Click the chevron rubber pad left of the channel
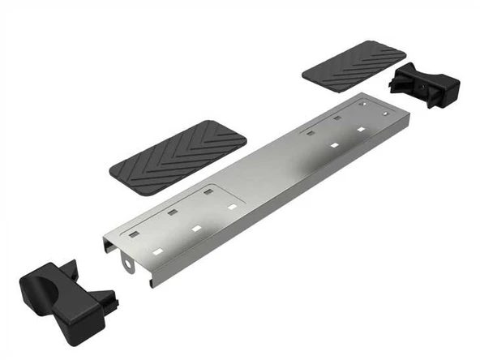click(x=178, y=156)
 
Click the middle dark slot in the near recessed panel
click(x=172, y=212)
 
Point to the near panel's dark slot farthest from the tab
click(x=208, y=192)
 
